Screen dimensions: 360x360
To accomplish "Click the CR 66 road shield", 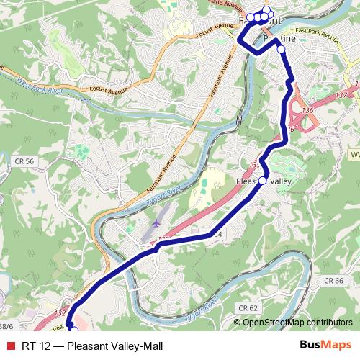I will tap(332, 280).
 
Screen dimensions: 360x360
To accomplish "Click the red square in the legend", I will tap(8, 344).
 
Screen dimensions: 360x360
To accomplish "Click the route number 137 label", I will tap(343, 94).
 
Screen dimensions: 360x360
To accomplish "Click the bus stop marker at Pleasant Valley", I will tap(263, 181).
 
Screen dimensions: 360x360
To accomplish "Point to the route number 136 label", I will tap(308, 110).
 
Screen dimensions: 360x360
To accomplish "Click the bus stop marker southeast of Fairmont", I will tap(281, 49).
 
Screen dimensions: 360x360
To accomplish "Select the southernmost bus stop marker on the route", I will tap(73, 332).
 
